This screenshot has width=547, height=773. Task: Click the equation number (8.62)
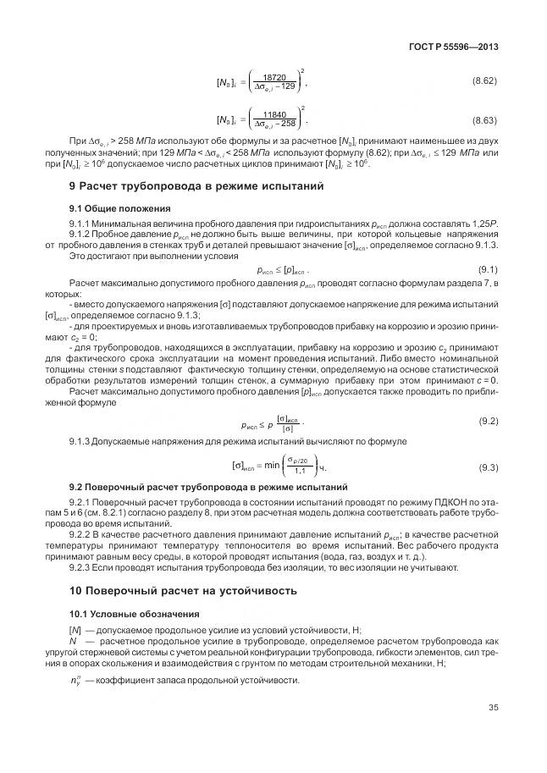484,80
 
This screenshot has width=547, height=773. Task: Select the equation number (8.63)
484,121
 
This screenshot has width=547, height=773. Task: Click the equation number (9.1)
488,268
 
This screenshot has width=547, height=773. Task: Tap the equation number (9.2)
488,420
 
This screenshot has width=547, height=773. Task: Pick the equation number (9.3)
488,467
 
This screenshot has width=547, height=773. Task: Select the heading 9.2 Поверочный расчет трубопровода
207,489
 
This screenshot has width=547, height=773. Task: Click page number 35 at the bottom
493,709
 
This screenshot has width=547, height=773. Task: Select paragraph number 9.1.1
80,222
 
